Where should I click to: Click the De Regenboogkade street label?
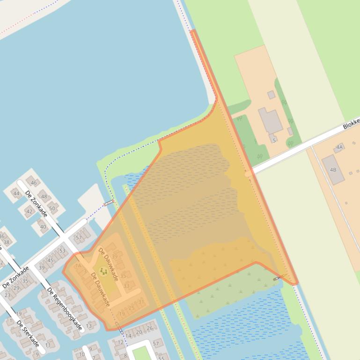(x=65, y=309)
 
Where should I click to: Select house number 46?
(x=33, y=182)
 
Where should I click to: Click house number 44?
(x=16, y=193)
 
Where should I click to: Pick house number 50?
(x=51, y=209)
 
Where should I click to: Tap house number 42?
(x=29, y=211)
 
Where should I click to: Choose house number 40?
(x=43, y=227)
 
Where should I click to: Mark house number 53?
(x=63, y=251)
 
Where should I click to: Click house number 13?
(x=89, y=325)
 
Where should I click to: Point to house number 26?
(x=150, y=328)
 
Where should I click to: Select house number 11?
(x=48, y=346)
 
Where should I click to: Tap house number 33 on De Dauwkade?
(x=126, y=286)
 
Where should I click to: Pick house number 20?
(x=139, y=332)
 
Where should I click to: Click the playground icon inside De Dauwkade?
(x=103, y=271)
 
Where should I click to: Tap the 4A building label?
(x=339, y=147)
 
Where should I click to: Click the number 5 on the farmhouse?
(x=274, y=140)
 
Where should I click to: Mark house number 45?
(x=51, y=260)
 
